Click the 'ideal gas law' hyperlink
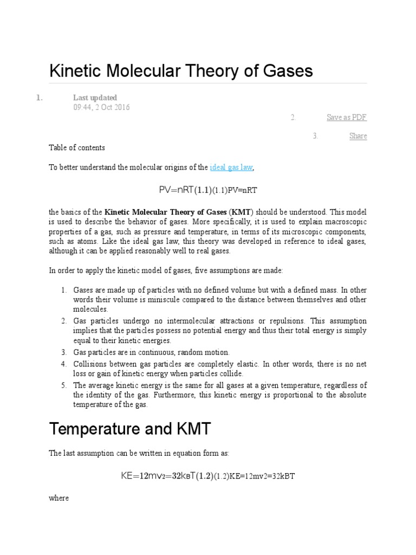pyautogui.click(x=231, y=167)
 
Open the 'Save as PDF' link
pyautogui.click(x=347, y=118)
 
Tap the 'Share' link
pyautogui.click(x=358, y=136)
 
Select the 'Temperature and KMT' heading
pyautogui.click(x=129, y=430)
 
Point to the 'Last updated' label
pyautogui.click(x=95, y=98)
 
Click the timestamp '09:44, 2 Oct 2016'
pyautogui.click(x=101, y=107)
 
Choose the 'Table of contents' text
pyautogui.click(x=77, y=147)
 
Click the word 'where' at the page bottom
pyautogui.click(x=58, y=498)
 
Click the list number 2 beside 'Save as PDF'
pyautogui.click(x=292, y=118)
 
